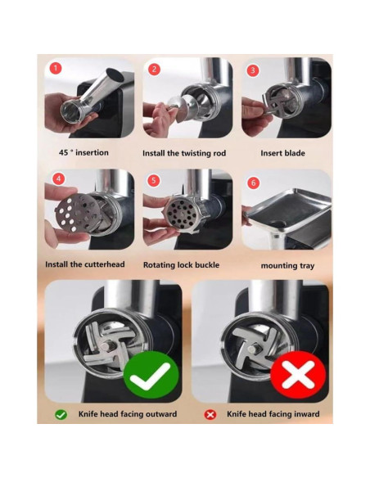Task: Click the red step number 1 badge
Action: point(56,69)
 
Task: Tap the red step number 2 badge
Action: point(155,70)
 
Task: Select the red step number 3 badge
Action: point(252,70)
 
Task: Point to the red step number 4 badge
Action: point(57,178)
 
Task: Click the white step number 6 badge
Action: point(253,183)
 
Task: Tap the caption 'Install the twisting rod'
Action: point(184,153)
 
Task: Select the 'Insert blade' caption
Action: point(282,153)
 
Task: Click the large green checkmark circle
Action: point(151,376)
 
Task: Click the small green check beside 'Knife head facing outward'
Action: point(61,414)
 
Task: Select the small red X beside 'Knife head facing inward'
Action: point(210,414)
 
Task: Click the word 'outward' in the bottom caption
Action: point(158,414)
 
